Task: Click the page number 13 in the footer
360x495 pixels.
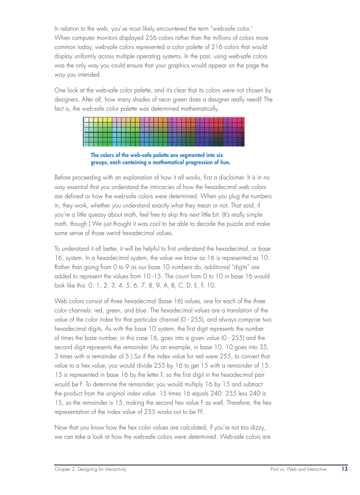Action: pyautogui.click(x=344, y=469)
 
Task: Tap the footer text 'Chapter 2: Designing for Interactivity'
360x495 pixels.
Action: pyautogui.click(x=90, y=469)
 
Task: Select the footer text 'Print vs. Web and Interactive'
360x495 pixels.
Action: pyautogui.click(x=298, y=469)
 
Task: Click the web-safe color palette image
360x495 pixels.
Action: pyautogui.click(x=164, y=131)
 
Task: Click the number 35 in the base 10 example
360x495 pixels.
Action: pyautogui.click(x=263, y=347)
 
